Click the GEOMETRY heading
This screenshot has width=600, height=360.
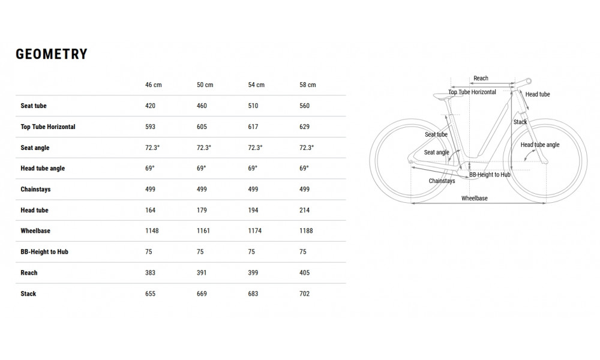pos(52,54)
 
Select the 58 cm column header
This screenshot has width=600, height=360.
pos(307,85)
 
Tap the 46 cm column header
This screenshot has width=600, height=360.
pos(154,85)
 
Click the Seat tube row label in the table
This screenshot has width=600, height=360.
pos(34,106)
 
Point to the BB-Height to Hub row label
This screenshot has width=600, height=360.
pos(44,252)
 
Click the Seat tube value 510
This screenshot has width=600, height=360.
pos(253,106)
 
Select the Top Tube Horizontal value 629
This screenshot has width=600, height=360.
pos(304,127)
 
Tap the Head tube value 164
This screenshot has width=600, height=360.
pos(150,211)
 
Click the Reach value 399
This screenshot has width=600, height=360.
pos(253,273)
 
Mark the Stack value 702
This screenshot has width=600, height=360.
pos(304,294)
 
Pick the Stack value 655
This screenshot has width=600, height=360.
pos(150,294)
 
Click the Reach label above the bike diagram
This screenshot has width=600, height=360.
pos(481,79)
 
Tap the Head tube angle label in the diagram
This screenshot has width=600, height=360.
pos(540,145)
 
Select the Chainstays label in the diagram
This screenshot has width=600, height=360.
pos(442,181)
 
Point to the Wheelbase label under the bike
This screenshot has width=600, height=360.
pos(474,198)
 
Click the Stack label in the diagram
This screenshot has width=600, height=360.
pos(520,122)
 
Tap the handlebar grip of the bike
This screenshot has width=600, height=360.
pos(530,80)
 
